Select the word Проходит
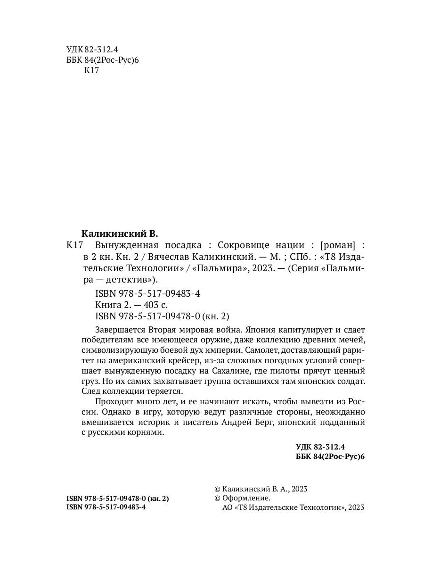(113, 401)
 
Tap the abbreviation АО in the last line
(227, 508)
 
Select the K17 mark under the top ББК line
(91, 70)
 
